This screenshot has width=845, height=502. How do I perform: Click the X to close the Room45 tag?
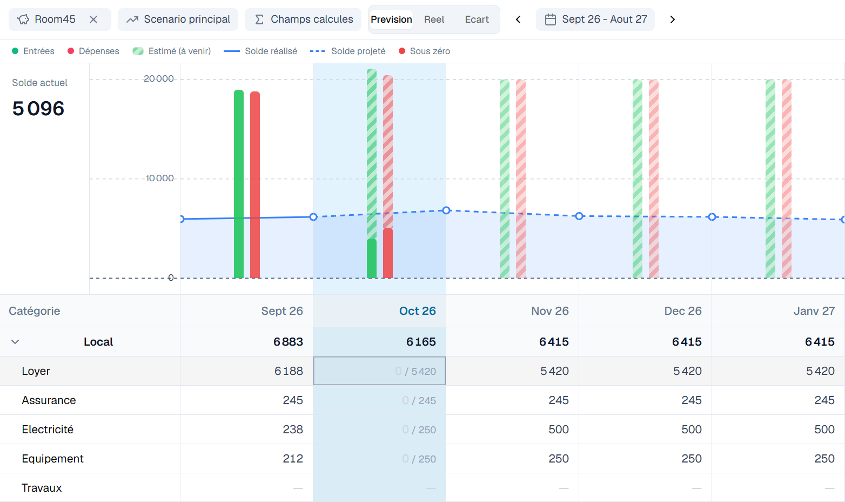tap(93, 19)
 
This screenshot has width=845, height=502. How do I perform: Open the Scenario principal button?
tap(178, 19)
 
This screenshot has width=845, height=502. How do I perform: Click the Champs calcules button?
tap(303, 19)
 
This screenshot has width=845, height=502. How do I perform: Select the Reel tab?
tap(434, 19)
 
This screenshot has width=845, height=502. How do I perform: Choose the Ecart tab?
tap(477, 19)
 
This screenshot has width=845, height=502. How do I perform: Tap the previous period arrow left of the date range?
tap(518, 19)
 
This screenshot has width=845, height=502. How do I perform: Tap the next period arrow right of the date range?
tap(672, 19)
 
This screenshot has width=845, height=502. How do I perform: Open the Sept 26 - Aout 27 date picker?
tap(595, 19)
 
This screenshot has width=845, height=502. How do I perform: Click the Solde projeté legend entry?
tap(348, 51)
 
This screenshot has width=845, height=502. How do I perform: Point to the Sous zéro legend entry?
tap(424, 51)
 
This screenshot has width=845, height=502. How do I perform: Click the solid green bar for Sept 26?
tap(238, 184)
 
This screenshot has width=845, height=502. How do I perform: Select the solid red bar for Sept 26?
tap(255, 184)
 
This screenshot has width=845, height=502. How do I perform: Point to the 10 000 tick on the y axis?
tap(159, 179)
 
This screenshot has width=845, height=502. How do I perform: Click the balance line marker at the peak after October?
tap(446, 210)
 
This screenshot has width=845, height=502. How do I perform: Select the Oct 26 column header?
tap(418, 311)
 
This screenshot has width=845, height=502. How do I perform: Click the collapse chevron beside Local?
tap(15, 342)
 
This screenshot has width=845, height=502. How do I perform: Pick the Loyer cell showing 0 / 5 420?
tap(379, 371)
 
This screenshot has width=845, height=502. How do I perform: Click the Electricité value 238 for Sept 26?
tap(293, 430)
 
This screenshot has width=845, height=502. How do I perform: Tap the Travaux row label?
tap(42, 488)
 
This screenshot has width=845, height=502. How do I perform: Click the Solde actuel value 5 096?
tap(38, 109)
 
